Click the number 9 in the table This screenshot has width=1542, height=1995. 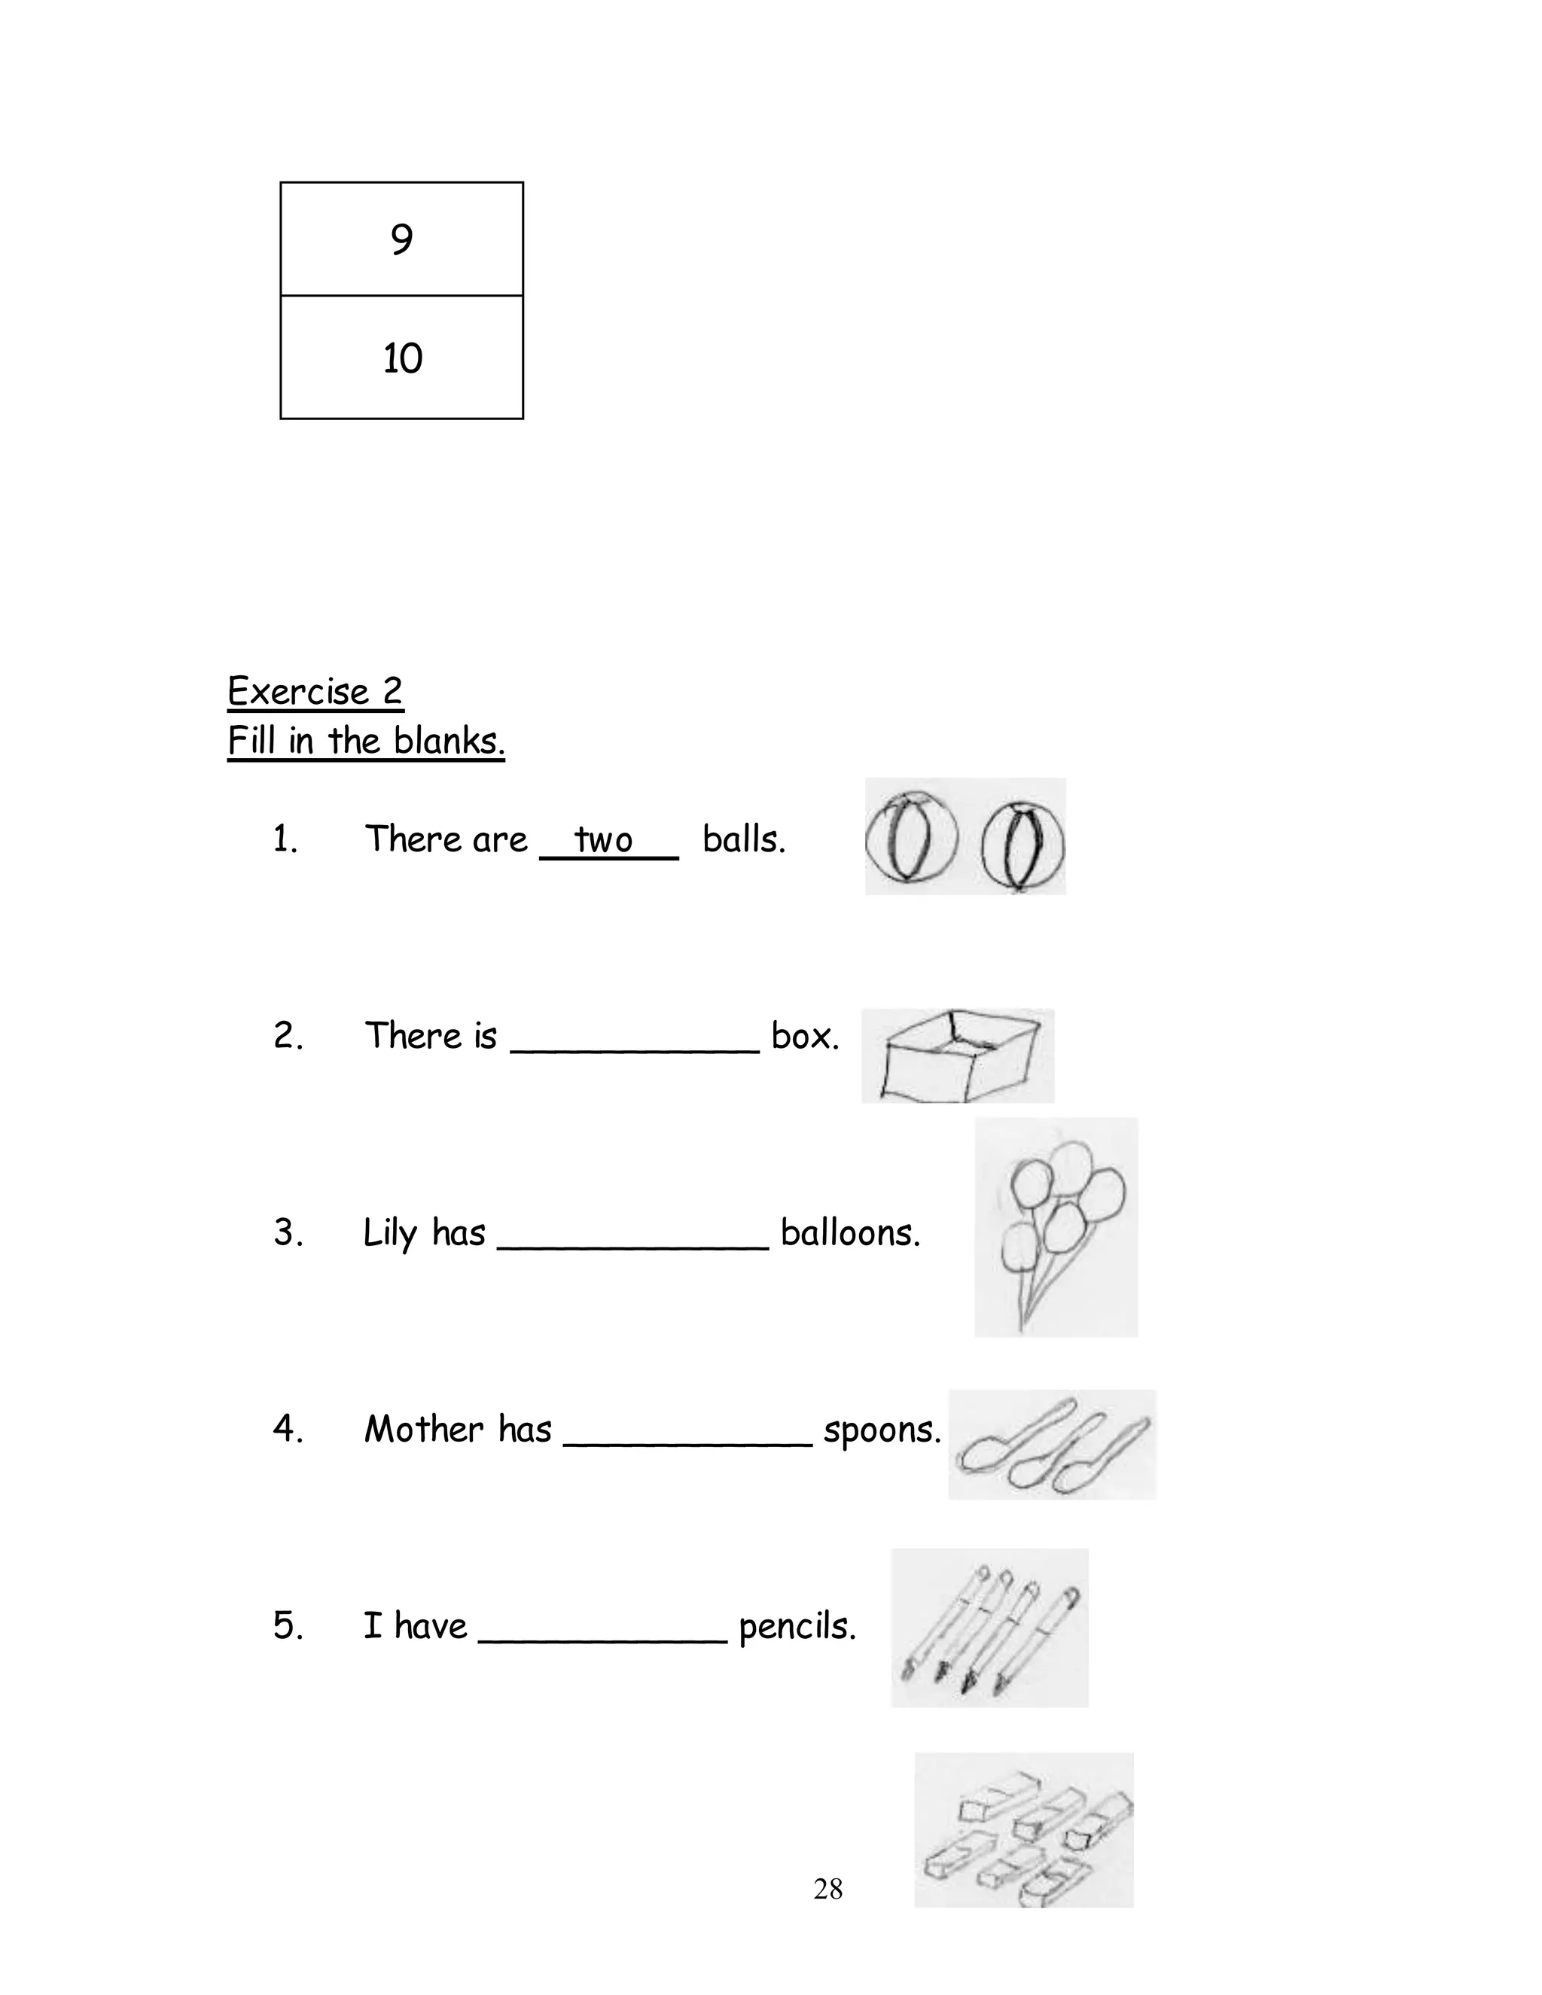(x=401, y=240)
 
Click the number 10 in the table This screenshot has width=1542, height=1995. (x=402, y=358)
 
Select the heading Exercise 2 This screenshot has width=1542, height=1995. (x=315, y=692)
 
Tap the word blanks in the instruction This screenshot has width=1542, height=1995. (x=448, y=741)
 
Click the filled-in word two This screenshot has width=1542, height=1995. (x=604, y=839)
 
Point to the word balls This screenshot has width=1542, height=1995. (x=744, y=839)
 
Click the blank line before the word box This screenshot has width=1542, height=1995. (x=634, y=1049)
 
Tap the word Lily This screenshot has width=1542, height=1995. (x=389, y=1233)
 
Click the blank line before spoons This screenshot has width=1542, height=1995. (x=687, y=1442)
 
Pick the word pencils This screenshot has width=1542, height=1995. (x=797, y=1626)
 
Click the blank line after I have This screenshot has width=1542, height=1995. (x=602, y=1639)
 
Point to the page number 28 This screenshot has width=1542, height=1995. (x=827, y=1889)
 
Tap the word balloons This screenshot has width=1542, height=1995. (x=849, y=1233)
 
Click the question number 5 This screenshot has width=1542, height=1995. (x=287, y=1626)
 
